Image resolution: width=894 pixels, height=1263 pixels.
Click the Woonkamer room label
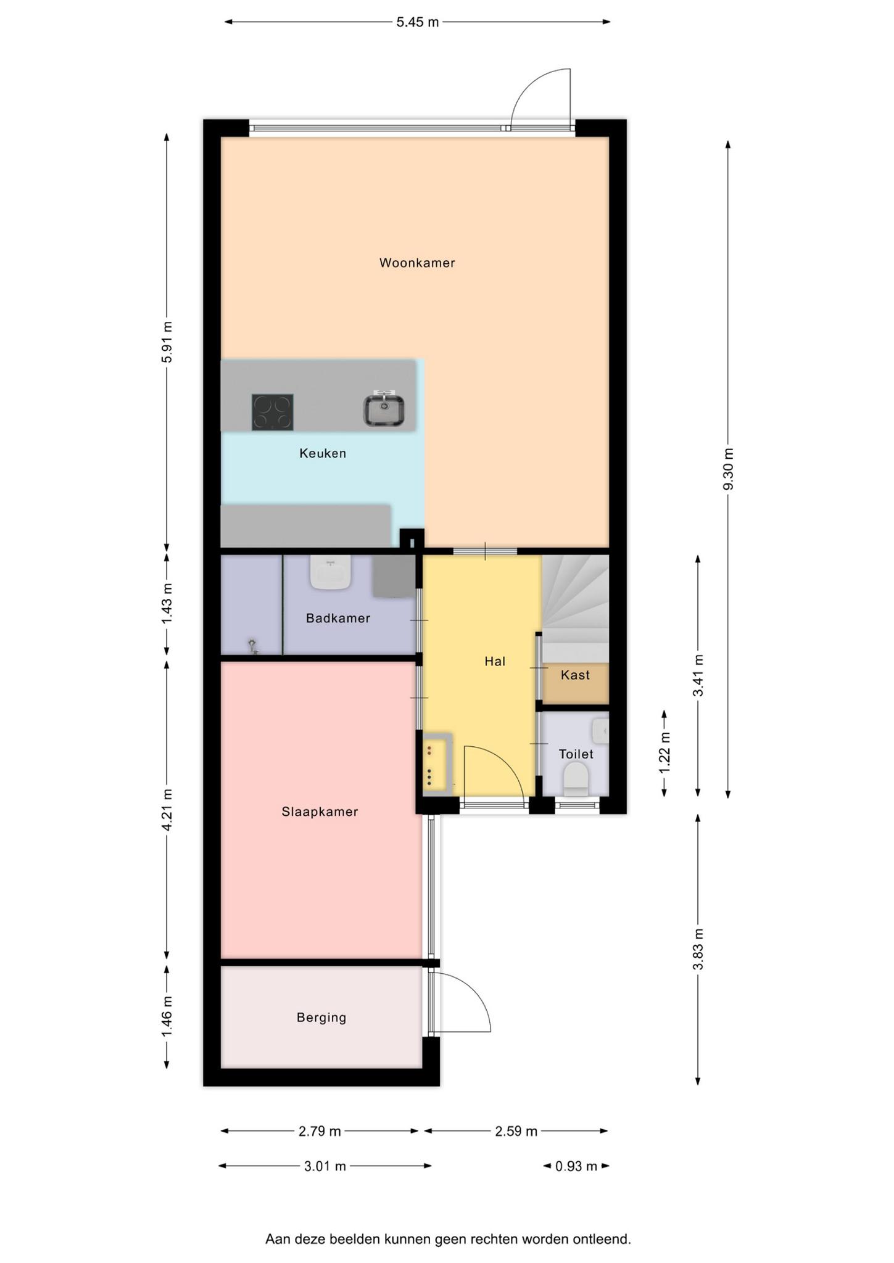(x=417, y=263)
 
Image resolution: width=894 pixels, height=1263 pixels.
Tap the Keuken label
(x=323, y=453)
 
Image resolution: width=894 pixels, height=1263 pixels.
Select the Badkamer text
(x=338, y=618)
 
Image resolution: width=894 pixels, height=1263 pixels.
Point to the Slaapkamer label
(x=320, y=812)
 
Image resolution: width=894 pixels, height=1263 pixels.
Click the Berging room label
(x=321, y=1018)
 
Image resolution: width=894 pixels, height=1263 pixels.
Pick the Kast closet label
(x=575, y=675)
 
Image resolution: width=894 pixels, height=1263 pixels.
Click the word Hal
(x=495, y=662)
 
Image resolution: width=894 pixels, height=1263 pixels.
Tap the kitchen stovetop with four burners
(x=272, y=412)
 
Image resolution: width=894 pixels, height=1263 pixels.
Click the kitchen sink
(x=383, y=409)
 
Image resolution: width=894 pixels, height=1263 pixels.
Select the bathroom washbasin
(x=331, y=572)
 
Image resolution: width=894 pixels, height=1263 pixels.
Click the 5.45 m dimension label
(x=418, y=22)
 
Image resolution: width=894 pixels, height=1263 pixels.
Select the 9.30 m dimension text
(x=728, y=469)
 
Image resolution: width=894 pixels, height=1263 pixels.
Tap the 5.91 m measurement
(x=167, y=342)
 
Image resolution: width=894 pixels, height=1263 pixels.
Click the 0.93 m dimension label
(x=576, y=1166)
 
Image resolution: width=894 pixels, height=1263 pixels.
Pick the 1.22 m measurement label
(x=664, y=753)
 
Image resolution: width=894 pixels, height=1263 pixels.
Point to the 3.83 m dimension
(x=698, y=950)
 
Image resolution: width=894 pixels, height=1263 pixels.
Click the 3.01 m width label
(x=325, y=1166)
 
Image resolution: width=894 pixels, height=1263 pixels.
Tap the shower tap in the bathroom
(x=253, y=646)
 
